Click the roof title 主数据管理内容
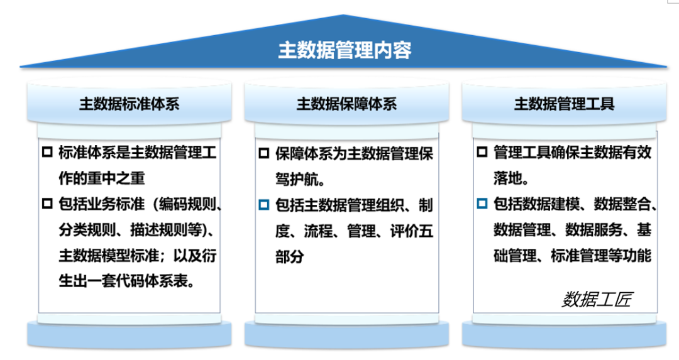pos(345,50)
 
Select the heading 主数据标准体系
pos(129,104)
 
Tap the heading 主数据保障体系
pos(346,104)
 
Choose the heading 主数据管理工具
pos(564,104)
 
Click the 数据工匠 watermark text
pos(597,299)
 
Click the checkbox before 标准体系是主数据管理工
pos(47,152)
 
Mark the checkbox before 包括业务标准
pos(47,204)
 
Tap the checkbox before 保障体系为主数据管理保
pos(263,153)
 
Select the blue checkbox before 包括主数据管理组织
pos(263,205)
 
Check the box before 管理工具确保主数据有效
pos(482,152)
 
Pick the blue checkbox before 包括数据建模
pos(482,204)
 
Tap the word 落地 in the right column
pos(507,178)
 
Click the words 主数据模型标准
pos(109,256)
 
